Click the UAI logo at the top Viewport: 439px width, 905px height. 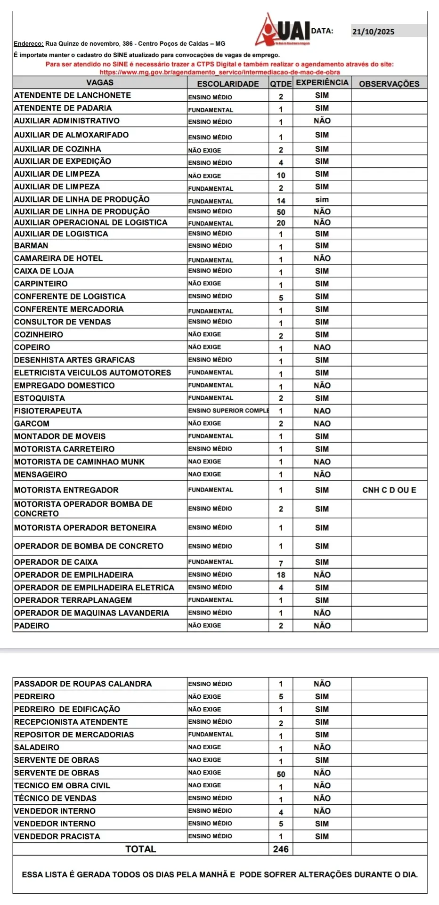(x=285, y=31)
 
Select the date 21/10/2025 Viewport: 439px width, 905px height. (x=373, y=32)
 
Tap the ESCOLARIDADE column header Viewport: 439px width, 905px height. (x=228, y=84)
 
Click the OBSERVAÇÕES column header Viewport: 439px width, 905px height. (x=389, y=84)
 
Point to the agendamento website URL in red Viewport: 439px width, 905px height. (x=220, y=72)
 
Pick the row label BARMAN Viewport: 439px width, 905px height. (x=31, y=245)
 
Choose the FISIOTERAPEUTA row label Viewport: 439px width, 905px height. (x=48, y=411)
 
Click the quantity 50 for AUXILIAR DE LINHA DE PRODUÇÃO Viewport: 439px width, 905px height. (x=281, y=212)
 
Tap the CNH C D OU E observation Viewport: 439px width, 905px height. (x=389, y=490)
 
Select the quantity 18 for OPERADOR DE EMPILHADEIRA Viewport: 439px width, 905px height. (x=281, y=575)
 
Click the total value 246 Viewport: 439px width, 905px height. (x=281, y=849)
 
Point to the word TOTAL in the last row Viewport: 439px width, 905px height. (x=140, y=849)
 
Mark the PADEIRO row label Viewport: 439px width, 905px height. (x=32, y=625)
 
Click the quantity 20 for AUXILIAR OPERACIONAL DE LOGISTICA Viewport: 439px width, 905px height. (x=281, y=223)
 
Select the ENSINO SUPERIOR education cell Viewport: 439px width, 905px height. (x=228, y=411)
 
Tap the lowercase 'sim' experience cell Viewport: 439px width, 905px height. (x=322, y=200)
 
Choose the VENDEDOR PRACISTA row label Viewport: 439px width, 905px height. (x=57, y=836)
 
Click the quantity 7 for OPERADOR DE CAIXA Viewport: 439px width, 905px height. (x=281, y=563)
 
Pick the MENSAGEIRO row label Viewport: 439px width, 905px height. (x=41, y=474)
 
